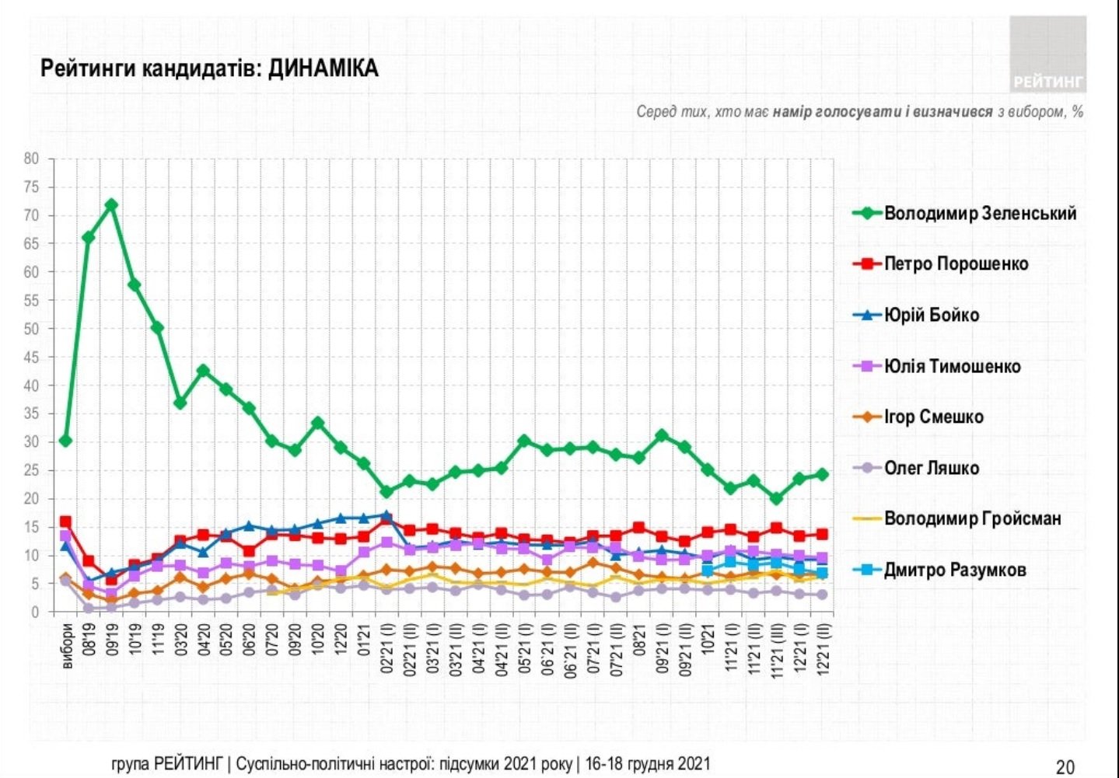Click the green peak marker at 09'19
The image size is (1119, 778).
pos(111,205)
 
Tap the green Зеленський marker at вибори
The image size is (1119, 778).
pos(65,441)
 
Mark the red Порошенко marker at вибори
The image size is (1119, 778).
pos(65,522)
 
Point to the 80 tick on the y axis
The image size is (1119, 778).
pos(31,159)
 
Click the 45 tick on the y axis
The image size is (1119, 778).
pos(31,358)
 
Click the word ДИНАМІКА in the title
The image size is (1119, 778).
pos(323,69)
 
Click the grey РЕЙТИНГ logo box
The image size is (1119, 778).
pos(1047,54)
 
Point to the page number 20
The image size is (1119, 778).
pos(1065,766)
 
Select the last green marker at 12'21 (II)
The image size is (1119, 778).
pos(822,474)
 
